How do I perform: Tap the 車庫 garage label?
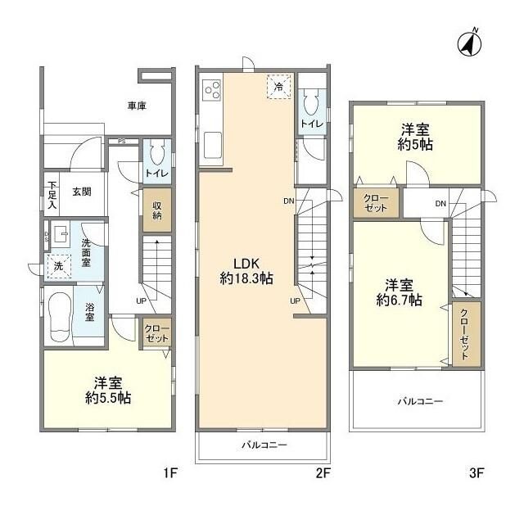point(137,106)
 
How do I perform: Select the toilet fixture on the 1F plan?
point(157,154)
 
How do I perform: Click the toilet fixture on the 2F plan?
point(310,103)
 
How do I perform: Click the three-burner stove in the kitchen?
point(211,88)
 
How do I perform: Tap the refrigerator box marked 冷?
point(278,86)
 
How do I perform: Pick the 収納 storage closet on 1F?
point(156,210)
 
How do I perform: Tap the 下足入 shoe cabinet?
point(52,195)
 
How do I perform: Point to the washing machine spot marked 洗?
point(57,266)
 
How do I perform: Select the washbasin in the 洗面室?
point(58,237)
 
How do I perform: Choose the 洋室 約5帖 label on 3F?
point(417,137)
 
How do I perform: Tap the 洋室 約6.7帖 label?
point(400,292)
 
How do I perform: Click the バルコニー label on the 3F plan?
point(420,402)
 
